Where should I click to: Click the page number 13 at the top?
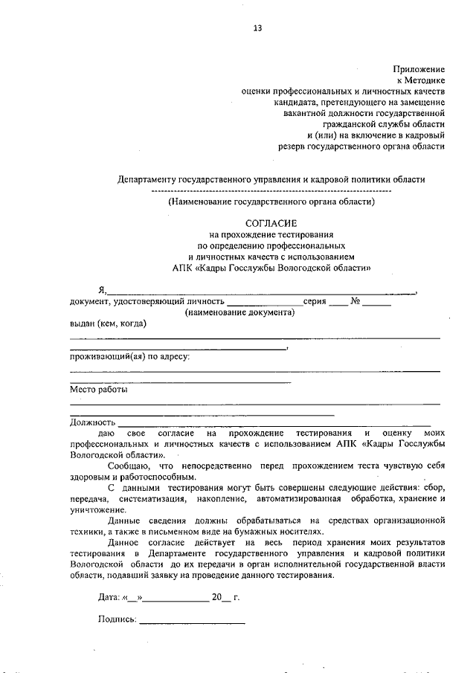(x=257, y=28)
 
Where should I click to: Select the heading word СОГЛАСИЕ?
(x=271, y=223)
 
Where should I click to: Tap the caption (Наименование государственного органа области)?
(x=271, y=201)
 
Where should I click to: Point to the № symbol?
(x=356, y=301)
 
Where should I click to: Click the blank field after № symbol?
(x=377, y=303)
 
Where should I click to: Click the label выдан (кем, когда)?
(x=108, y=323)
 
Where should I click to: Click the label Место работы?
(x=98, y=389)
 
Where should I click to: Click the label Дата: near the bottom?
(x=109, y=596)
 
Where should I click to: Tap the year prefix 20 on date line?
(x=216, y=596)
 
